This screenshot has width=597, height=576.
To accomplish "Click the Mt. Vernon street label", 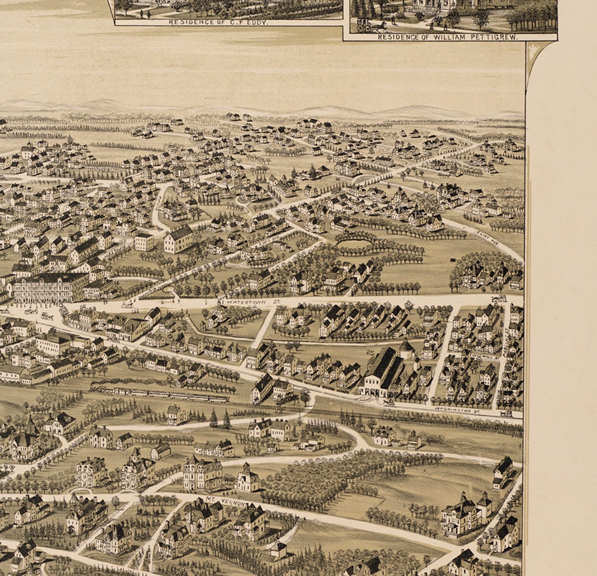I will coord(225,501).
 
